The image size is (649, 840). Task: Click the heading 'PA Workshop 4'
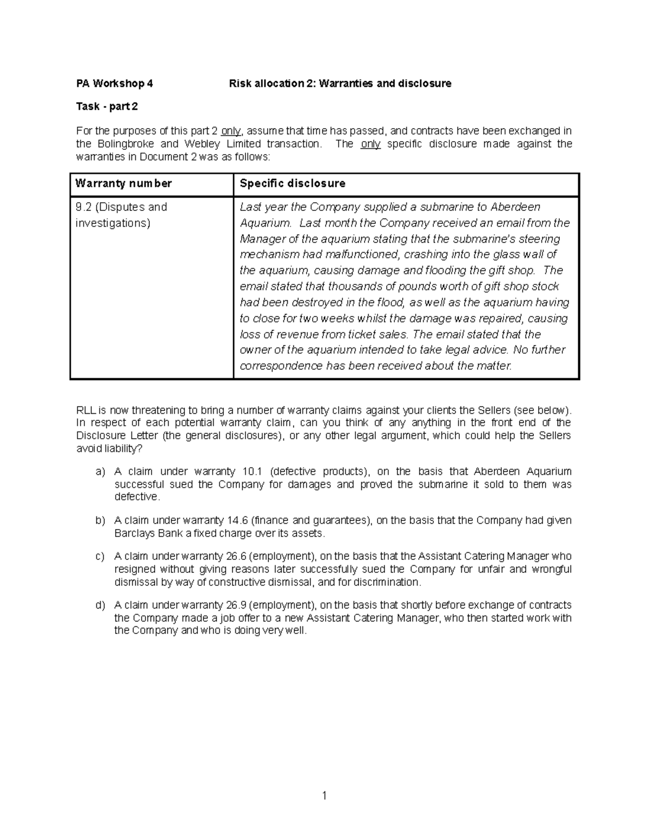click(114, 83)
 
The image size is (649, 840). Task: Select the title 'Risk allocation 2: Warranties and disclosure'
click(340, 83)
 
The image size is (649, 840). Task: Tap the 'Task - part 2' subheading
click(107, 107)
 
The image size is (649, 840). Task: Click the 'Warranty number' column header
click(123, 183)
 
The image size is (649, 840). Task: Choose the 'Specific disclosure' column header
click(292, 183)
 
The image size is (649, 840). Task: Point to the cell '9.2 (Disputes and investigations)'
click(121, 215)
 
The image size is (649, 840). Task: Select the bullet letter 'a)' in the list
click(100, 472)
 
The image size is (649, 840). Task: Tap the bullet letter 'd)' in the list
click(100, 605)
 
